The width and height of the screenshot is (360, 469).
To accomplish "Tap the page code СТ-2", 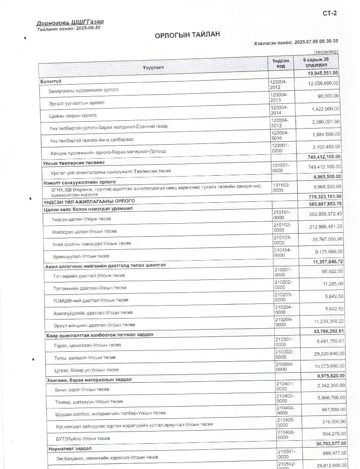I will click(x=329, y=13).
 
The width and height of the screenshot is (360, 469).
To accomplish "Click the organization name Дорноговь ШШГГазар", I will click(x=70, y=22).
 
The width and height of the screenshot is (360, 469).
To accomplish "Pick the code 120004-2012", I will click(x=278, y=85).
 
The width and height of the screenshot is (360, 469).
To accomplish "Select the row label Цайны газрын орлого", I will click(x=73, y=116).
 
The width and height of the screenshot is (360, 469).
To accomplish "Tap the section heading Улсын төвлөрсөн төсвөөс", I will click(x=73, y=163).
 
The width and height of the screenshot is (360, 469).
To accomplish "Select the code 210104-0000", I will click(x=282, y=252).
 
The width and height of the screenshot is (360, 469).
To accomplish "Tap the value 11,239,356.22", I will click(x=322, y=321).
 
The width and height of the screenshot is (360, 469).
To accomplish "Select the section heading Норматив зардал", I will click(x=69, y=449).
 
